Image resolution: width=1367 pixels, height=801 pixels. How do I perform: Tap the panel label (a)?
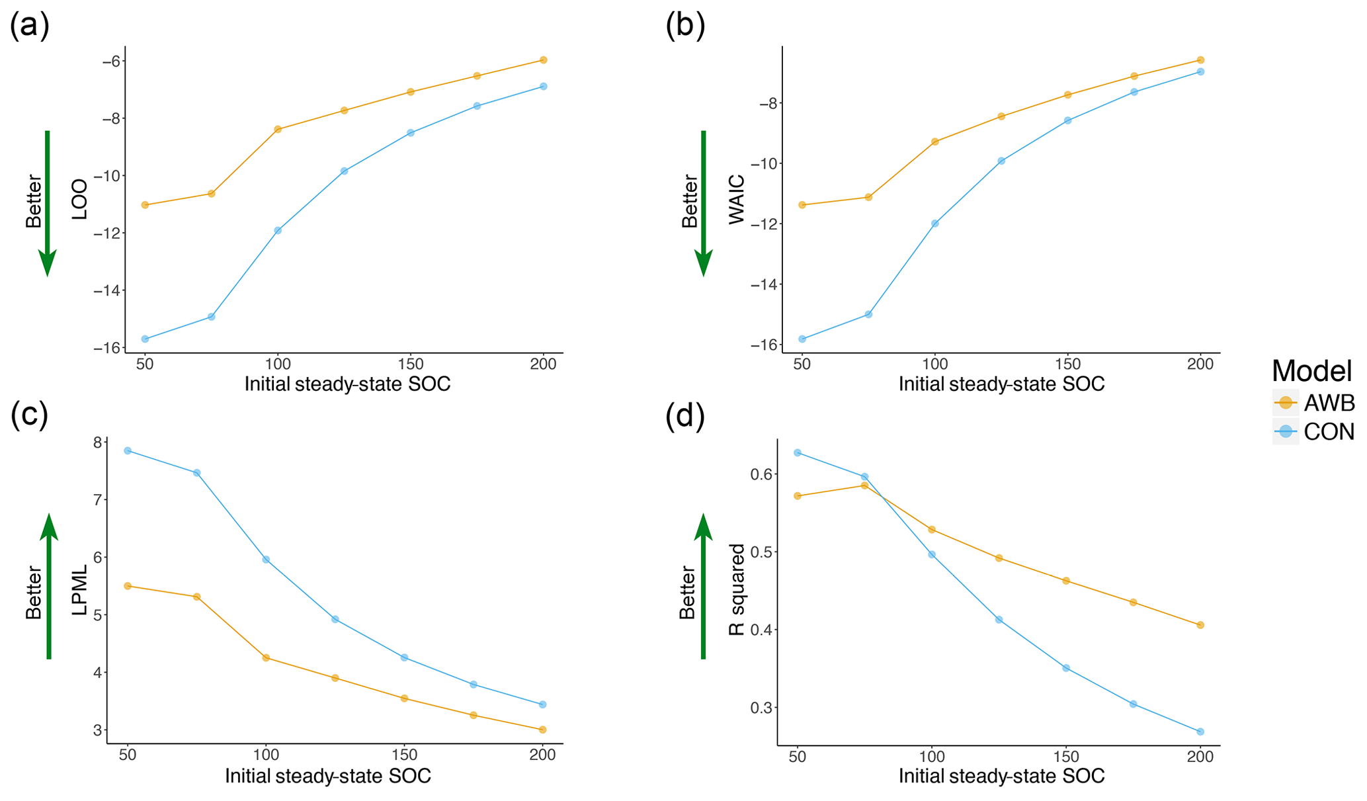[x=30, y=26]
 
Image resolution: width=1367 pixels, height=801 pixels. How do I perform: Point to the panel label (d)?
[x=685, y=417]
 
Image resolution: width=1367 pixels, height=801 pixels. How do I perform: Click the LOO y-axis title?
[x=79, y=199]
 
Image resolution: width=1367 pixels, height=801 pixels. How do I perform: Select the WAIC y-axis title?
[x=736, y=199]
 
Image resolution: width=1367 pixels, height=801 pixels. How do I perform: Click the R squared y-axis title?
[x=736, y=589]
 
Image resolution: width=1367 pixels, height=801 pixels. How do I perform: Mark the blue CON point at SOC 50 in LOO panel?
[x=145, y=339]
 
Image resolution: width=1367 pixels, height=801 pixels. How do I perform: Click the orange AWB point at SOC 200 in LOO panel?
[x=544, y=60]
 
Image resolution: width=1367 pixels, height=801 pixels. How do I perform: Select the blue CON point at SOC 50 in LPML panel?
[x=128, y=450]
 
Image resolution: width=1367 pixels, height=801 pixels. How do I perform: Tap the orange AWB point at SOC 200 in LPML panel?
[x=543, y=730]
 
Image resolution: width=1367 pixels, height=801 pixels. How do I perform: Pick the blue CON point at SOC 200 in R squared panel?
[x=1200, y=732]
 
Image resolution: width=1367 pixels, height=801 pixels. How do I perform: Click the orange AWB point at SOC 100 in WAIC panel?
[x=935, y=142]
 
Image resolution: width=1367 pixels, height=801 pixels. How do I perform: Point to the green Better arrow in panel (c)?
[x=49, y=587]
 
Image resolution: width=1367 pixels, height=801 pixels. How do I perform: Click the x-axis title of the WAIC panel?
[x=1001, y=384]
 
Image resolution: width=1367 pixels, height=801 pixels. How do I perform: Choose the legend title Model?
[x=1312, y=371]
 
